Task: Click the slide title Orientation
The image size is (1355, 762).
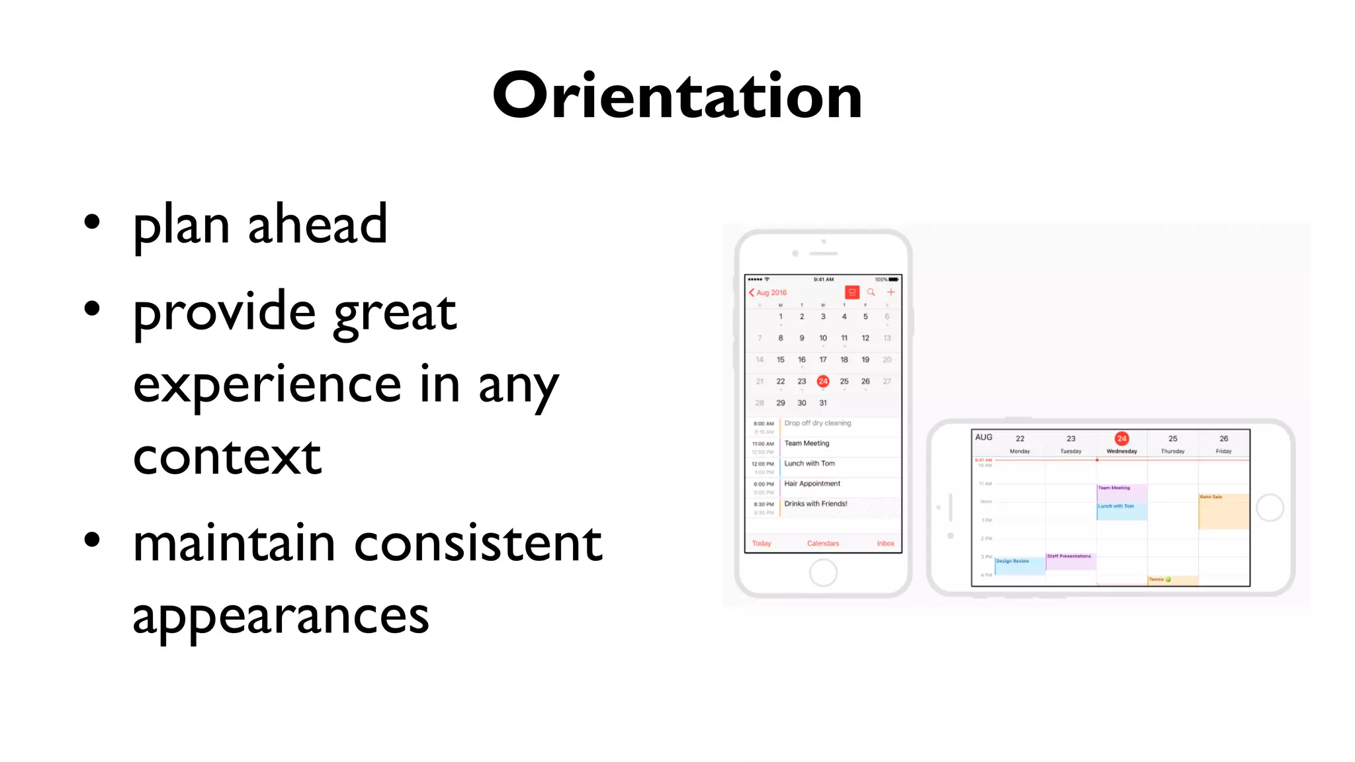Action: click(677, 96)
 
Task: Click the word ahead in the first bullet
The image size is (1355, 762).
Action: click(317, 225)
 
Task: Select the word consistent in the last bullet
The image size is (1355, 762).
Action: click(478, 544)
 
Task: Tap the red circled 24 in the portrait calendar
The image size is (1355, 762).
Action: click(822, 381)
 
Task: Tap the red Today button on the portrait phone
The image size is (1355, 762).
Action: click(762, 543)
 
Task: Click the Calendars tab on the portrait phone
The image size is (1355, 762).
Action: click(822, 543)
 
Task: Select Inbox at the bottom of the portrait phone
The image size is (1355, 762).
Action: click(885, 543)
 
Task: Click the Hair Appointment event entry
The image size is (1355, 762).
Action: click(812, 484)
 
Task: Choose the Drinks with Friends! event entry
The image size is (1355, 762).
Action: click(815, 504)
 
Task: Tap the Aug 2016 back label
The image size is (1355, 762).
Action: click(769, 292)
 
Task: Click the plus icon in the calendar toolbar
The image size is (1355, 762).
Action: click(891, 292)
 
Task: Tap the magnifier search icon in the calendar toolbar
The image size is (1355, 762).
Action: click(871, 292)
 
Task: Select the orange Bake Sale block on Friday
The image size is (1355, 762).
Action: click(1223, 511)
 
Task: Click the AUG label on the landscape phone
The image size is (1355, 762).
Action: click(983, 437)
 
